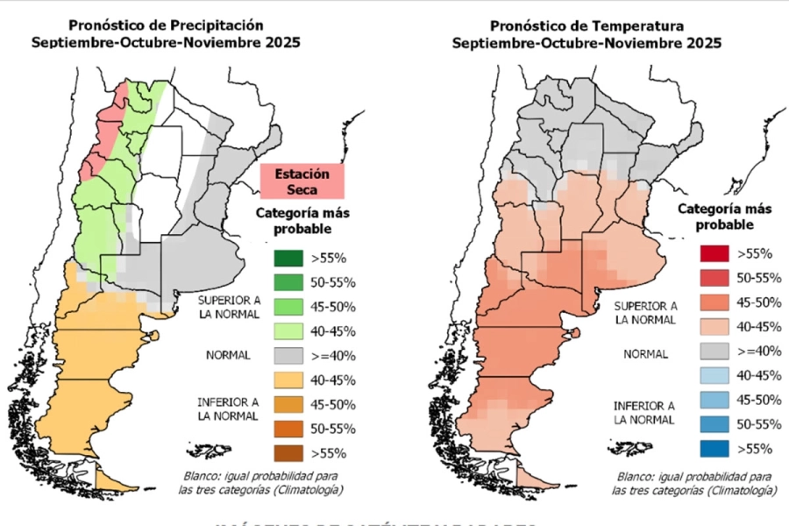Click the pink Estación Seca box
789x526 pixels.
click(302, 181)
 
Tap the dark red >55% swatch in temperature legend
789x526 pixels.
click(714, 253)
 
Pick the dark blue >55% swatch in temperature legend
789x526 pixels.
click(714, 448)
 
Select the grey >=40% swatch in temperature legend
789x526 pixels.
click(714, 351)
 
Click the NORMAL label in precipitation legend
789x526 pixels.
click(228, 356)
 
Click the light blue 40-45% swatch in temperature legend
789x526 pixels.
click(714, 375)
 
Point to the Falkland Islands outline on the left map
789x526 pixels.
click(211, 450)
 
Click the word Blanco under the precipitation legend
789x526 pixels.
click(198, 475)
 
